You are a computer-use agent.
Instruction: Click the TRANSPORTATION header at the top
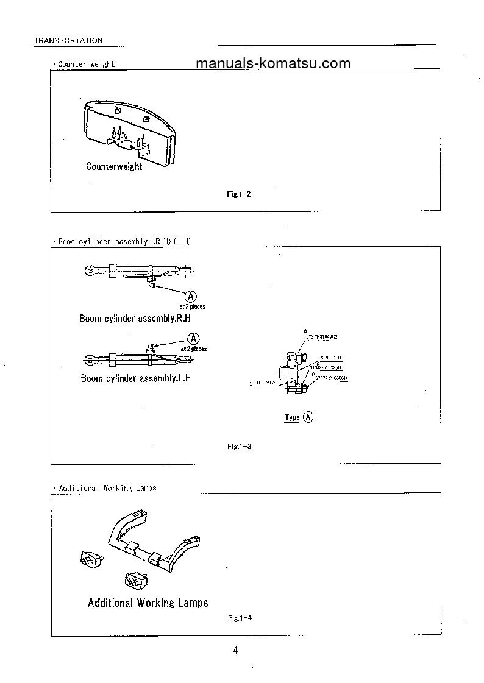click(x=68, y=40)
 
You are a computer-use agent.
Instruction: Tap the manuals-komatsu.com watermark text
click(x=273, y=63)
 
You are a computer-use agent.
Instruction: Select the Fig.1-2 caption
click(x=239, y=194)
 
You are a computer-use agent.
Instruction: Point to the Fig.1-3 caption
click(x=240, y=447)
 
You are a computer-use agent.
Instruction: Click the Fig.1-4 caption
click(x=240, y=618)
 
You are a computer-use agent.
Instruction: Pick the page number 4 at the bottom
click(x=236, y=650)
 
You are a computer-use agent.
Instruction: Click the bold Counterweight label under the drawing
click(x=114, y=166)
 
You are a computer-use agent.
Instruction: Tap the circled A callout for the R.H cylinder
click(x=191, y=296)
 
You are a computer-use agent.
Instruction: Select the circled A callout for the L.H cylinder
click(x=194, y=338)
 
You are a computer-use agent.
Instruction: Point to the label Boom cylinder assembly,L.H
click(x=136, y=378)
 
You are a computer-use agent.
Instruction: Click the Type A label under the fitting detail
click(x=299, y=417)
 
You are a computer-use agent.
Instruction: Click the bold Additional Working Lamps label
click(x=148, y=603)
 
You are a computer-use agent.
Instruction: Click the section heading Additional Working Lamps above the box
click(x=107, y=488)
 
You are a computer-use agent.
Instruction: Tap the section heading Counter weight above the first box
click(x=86, y=64)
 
